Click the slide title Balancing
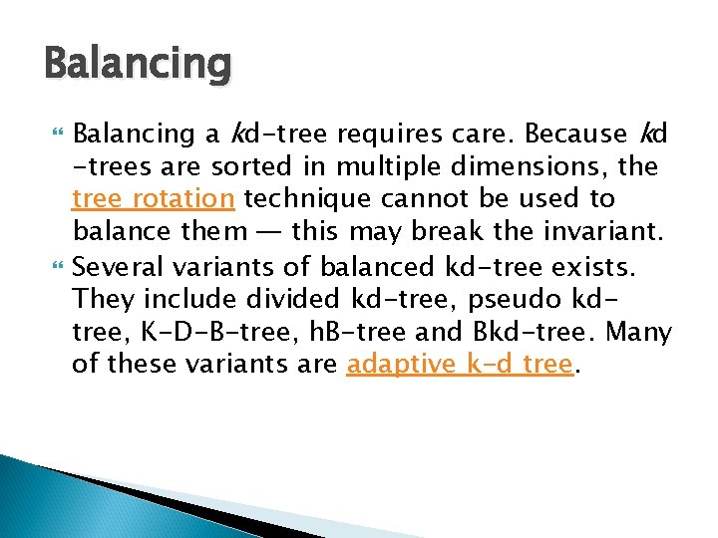click(138, 65)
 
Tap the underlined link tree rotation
click(154, 199)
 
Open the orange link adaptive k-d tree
click(461, 365)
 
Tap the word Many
click(638, 332)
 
